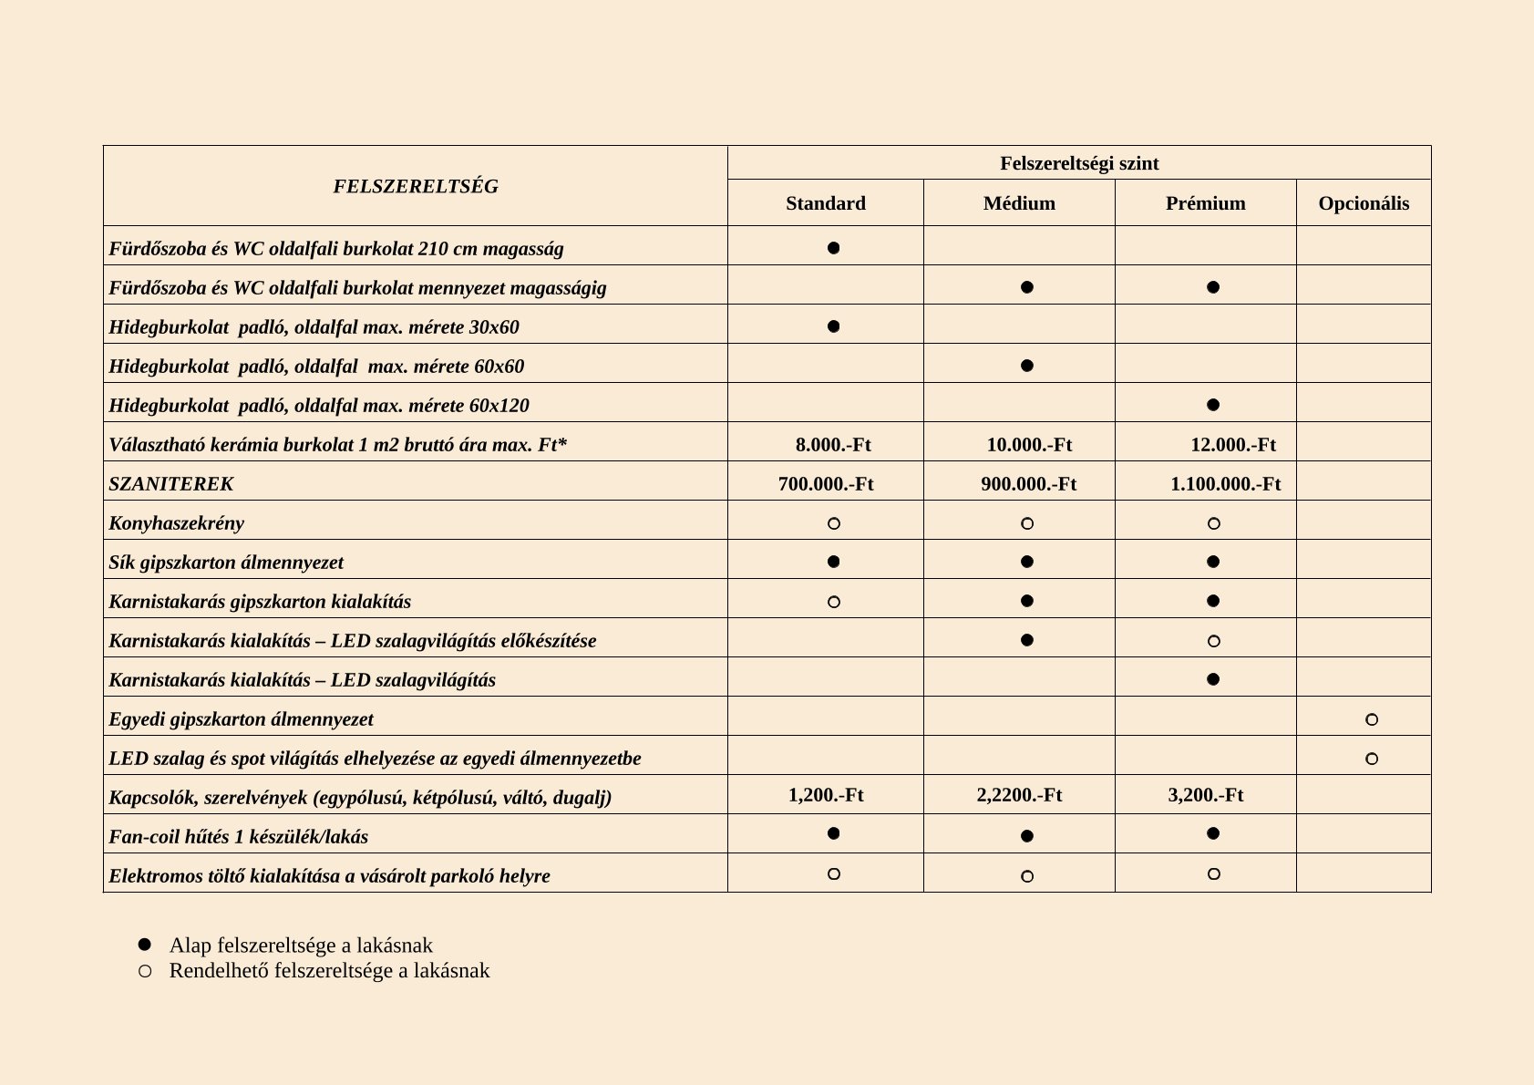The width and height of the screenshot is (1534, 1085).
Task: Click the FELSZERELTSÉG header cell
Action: pos(416,186)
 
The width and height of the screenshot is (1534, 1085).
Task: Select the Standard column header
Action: pos(826,203)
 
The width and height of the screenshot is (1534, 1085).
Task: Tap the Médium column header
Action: pos(1019,203)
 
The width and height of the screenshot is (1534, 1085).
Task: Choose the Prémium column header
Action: pos(1205,203)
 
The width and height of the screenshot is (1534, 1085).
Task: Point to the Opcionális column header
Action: pos(1364,203)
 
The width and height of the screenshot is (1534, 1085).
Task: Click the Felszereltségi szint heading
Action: pos(1079,163)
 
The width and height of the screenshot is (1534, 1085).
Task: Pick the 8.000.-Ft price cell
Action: pos(833,445)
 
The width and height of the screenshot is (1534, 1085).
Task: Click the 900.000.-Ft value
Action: pos(1028,484)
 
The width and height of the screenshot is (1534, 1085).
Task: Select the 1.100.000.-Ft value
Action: pos(1225,484)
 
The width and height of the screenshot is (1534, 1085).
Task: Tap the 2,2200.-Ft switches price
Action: pos(1019,795)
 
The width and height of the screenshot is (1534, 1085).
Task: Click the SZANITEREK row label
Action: pos(171,484)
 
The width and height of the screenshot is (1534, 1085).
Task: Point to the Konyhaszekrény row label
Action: pos(177,523)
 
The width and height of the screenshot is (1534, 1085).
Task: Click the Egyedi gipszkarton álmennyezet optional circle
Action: pos(1372,719)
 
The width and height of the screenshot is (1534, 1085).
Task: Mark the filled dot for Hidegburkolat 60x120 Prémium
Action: pos(1213,405)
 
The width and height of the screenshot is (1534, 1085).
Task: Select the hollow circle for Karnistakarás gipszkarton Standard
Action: pos(833,602)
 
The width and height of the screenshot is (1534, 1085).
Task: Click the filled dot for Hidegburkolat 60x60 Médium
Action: pos(1027,366)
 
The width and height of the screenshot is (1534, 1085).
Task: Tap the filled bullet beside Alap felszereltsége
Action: pos(144,945)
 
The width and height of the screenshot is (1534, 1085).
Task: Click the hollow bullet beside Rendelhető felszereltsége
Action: pos(144,971)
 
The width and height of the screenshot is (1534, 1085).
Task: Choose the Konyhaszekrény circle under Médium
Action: pos(1027,523)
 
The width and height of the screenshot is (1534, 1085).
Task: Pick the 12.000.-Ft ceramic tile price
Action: pos(1232,445)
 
